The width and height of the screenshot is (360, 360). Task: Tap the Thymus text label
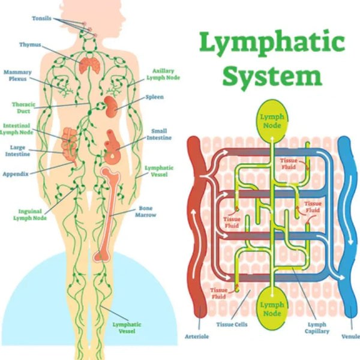point(29,44)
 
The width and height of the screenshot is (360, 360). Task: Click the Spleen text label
point(154,97)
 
